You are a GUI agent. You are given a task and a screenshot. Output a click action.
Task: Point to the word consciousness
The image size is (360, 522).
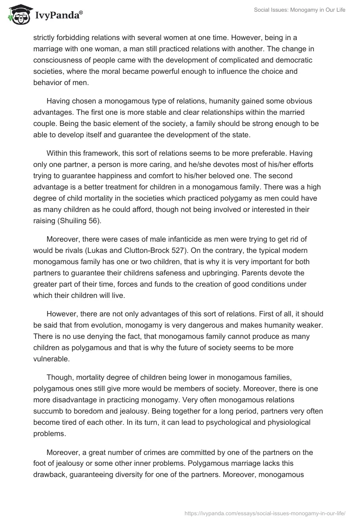pyautogui.click(x=58, y=60)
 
